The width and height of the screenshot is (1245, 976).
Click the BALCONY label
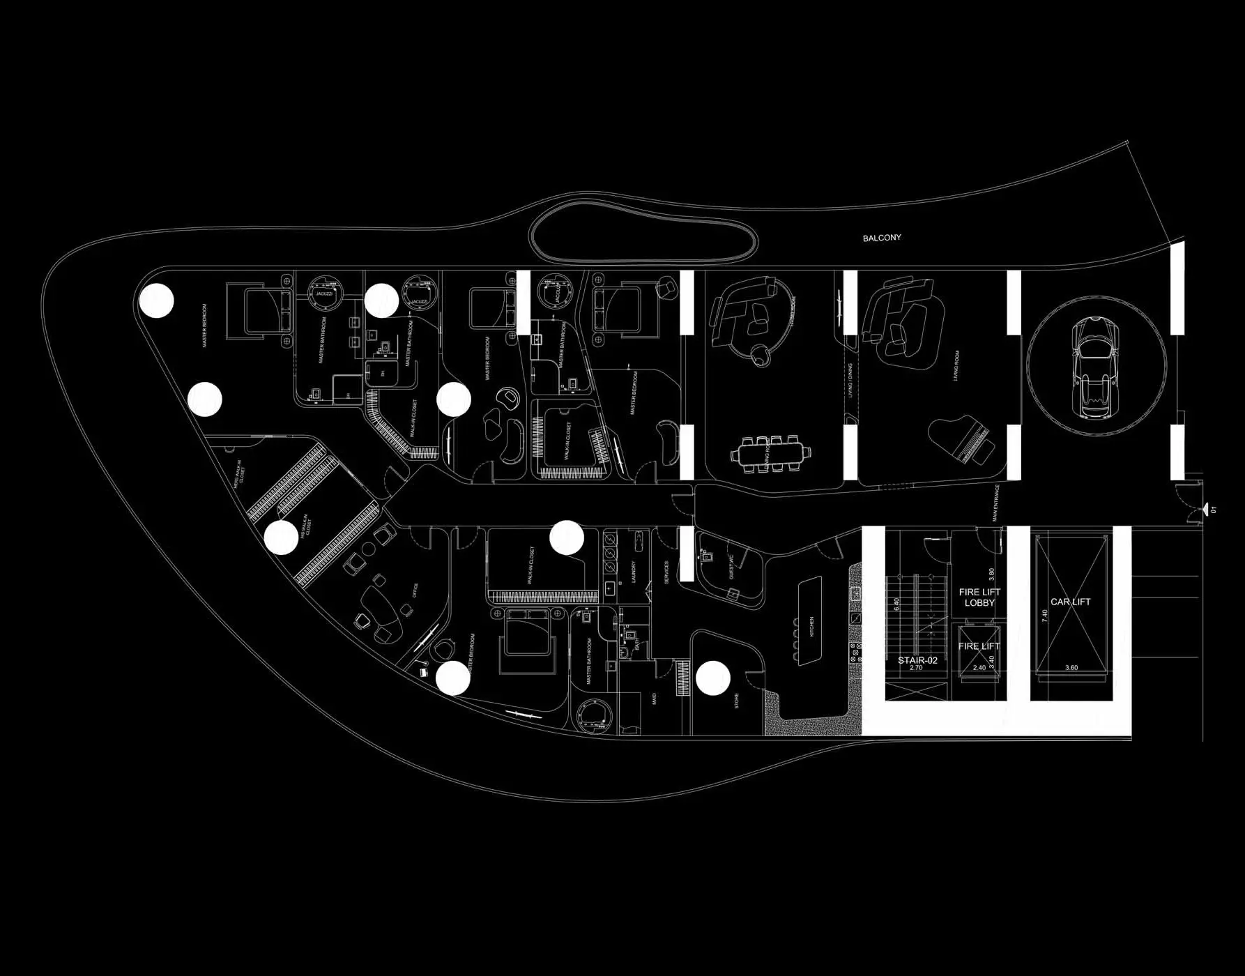(882, 238)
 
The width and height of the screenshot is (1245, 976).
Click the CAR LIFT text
(1070, 602)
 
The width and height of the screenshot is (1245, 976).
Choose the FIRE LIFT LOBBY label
(979, 597)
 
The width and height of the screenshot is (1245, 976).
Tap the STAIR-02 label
(917, 660)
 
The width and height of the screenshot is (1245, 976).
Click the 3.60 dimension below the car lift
(1071, 668)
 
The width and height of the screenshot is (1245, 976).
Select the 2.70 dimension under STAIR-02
(916, 668)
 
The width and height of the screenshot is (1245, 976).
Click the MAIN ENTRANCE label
(996, 503)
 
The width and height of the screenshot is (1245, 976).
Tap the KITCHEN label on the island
(811, 626)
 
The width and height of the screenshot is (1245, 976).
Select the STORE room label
(737, 701)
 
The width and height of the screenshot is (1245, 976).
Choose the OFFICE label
(415, 590)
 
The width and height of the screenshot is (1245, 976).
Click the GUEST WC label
(731, 567)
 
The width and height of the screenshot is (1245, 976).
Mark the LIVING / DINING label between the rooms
(850, 380)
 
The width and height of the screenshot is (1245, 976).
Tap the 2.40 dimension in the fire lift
(979, 668)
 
